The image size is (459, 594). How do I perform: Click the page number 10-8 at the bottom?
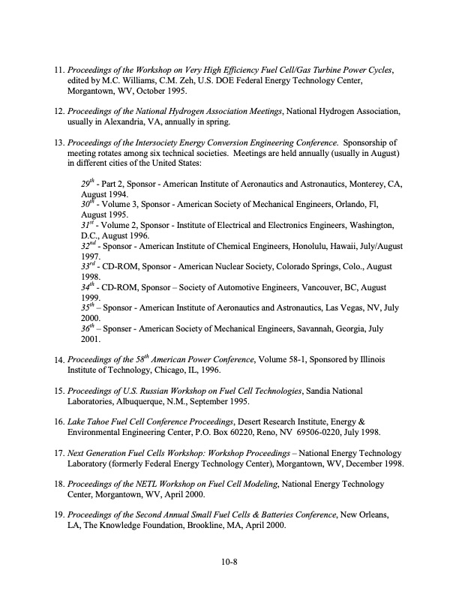(229, 559)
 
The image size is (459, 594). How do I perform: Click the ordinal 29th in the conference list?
(88, 182)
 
